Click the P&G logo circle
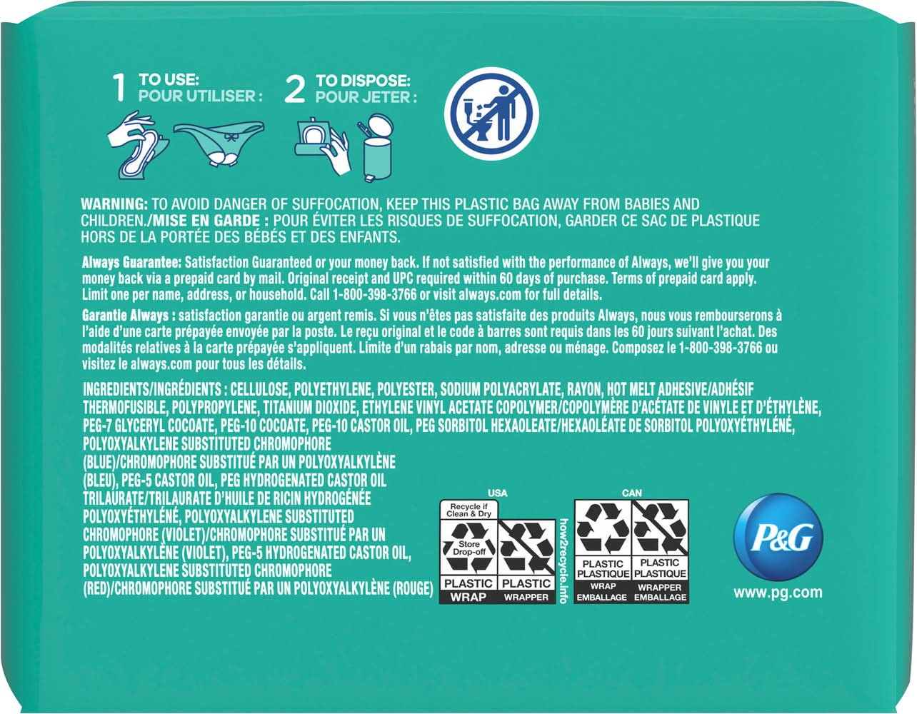[778, 537]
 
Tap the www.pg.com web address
[778, 593]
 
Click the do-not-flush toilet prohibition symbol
[491, 114]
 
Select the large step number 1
[120, 88]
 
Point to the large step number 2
[294, 89]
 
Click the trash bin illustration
[377, 148]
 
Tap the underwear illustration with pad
[219, 144]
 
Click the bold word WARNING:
[114, 204]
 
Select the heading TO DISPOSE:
[363, 80]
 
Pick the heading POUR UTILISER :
[201, 96]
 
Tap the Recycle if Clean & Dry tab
[468, 510]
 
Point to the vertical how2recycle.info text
[563, 561]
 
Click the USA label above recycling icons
[498, 493]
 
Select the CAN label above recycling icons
[632, 493]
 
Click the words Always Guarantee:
[131, 263]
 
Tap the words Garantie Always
[126, 316]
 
